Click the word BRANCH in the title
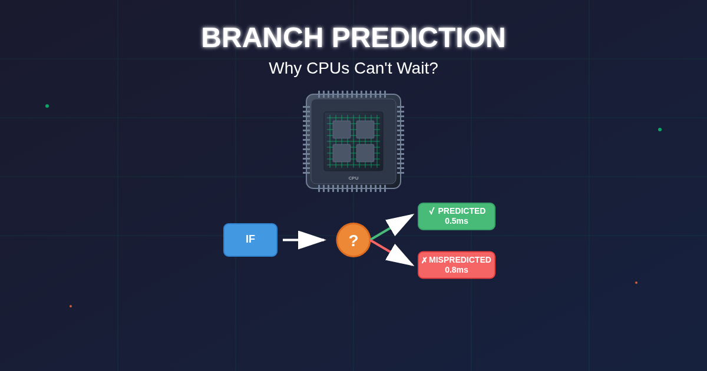pyautogui.click(x=262, y=38)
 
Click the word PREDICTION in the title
pyautogui.click(x=419, y=38)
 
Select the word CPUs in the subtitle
pyautogui.click(x=328, y=68)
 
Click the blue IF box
pyautogui.click(x=250, y=240)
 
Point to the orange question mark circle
pyautogui.click(x=353, y=240)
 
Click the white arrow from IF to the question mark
pyautogui.click(x=304, y=240)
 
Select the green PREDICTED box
pyautogui.click(x=457, y=217)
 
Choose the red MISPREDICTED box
pyautogui.click(x=457, y=265)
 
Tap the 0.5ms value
pyautogui.click(x=457, y=221)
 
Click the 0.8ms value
pyautogui.click(x=457, y=270)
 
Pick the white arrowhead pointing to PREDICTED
pyautogui.click(x=399, y=223)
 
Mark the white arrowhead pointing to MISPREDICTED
pyautogui.click(x=399, y=256)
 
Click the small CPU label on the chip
pyautogui.click(x=353, y=178)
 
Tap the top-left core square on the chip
pyautogui.click(x=342, y=130)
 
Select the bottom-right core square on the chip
pyautogui.click(x=365, y=153)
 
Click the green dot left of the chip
pyautogui.click(x=47, y=106)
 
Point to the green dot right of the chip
pyautogui.click(x=660, y=130)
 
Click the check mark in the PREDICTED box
pyautogui.click(x=432, y=211)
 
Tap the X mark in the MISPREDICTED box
pyautogui.click(x=424, y=260)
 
